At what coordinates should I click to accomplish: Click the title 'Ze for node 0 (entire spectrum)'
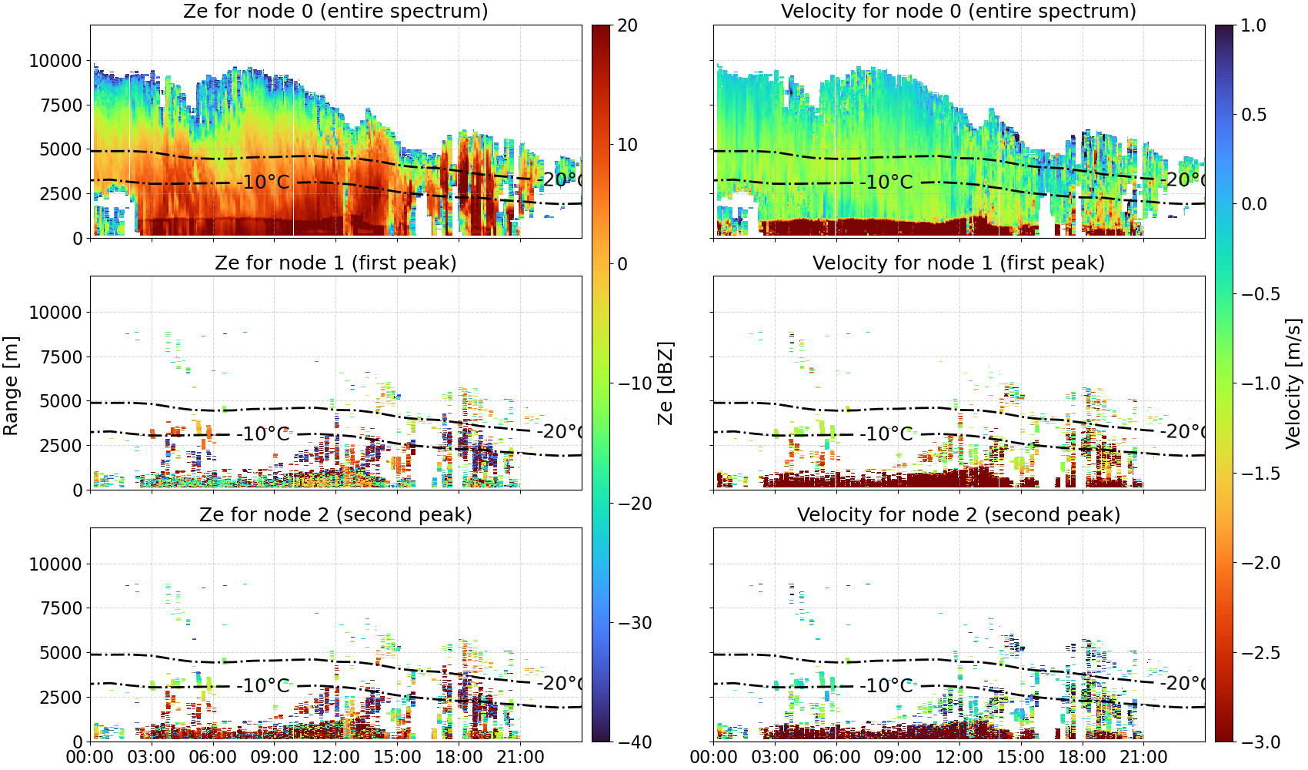[x=335, y=11]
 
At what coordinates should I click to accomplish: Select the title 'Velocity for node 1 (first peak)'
[x=959, y=263]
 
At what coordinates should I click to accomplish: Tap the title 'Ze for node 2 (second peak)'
[x=335, y=514]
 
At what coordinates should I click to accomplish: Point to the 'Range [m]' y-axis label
[x=11, y=386]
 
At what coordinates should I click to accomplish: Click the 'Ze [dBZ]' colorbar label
[x=665, y=383]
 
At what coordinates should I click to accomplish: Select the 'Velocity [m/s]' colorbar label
[x=1293, y=383]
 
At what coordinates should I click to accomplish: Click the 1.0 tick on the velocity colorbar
[x=1253, y=25]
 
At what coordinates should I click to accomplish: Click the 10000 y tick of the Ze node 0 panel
[x=55, y=61]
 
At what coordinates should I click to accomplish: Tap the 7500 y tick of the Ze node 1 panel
[x=61, y=357]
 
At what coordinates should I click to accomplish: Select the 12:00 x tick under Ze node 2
[x=335, y=757]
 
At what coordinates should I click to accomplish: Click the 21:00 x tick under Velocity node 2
[x=1143, y=757]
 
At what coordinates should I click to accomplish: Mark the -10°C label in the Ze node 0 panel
[x=263, y=182]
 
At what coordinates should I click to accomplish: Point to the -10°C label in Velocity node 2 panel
[x=886, y=685]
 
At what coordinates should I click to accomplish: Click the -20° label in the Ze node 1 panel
[x=560, y=432]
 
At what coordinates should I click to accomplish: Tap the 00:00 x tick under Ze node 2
[x=91, y=757]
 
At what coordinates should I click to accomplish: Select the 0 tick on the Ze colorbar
[x=622, y=264]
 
